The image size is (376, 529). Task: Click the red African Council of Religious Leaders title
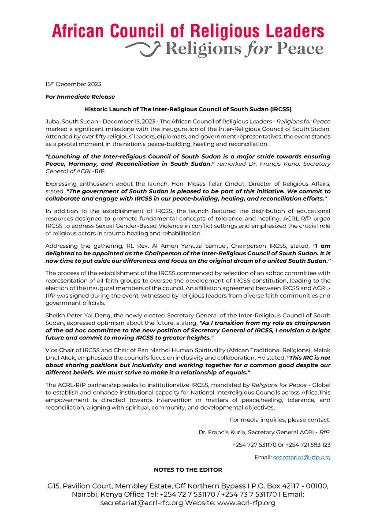coord(188,31)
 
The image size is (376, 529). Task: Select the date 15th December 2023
coord(73,84)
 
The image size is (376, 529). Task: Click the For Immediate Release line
coord(80,97)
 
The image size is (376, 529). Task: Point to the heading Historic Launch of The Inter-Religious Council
coord(188,109)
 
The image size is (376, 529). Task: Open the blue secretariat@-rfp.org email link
coord(302,458)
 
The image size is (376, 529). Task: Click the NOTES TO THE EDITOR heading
coord(188,470)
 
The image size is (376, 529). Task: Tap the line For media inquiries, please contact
coord(280,420)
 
